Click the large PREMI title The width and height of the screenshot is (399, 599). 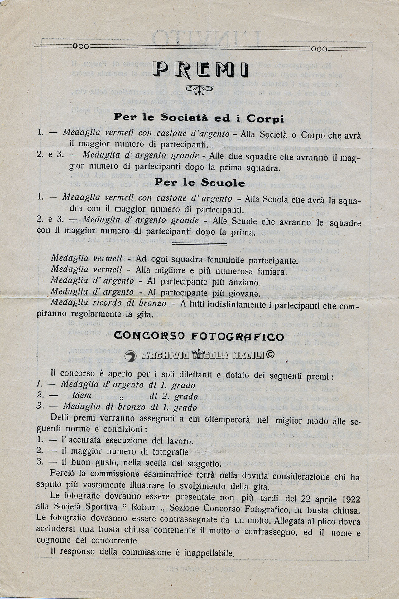(x=199, y=70)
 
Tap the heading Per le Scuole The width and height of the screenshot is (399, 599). (x=199, y=183)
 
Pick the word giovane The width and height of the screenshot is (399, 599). (x=248, y=294)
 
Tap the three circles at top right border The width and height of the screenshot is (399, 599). (x=319, y=49)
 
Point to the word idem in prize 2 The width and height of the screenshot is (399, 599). (x=82, y=396)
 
